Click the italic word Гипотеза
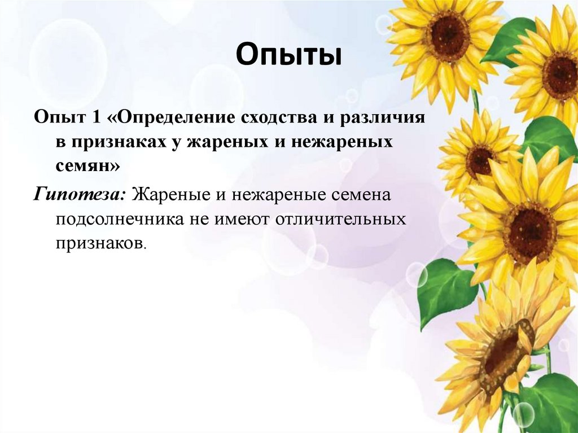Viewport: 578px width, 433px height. coord(81,195)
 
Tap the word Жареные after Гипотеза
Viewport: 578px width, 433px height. coord(169,195)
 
